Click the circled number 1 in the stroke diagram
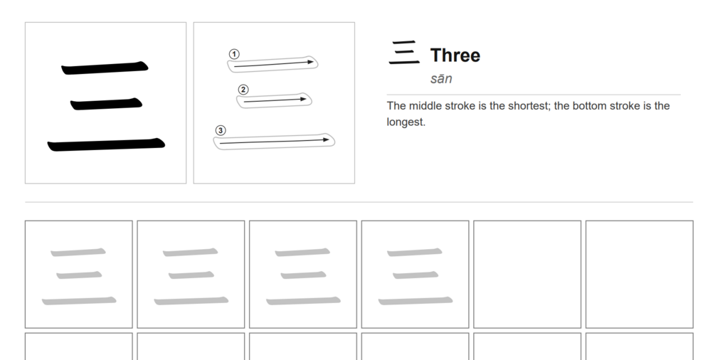pos(234,54)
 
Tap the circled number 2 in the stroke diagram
pos(243,90)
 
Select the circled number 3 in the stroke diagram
pos(221,130)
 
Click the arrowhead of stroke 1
pos(312,62)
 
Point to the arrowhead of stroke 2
pos(304,99)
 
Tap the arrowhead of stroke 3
pos(326,139)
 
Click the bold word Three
pos(455,55)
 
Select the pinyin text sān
pos(441,78)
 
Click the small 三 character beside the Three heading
pos(404,53)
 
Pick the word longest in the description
pos(405,122)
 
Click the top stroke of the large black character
pos(105,68)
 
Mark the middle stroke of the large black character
pos(106,104)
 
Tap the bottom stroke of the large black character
pos(106,144)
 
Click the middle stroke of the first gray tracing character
pos(79,275)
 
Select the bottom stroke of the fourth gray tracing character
pos(415,301)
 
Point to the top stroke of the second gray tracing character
pos(190,252)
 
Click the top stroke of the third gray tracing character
pos(302,252)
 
